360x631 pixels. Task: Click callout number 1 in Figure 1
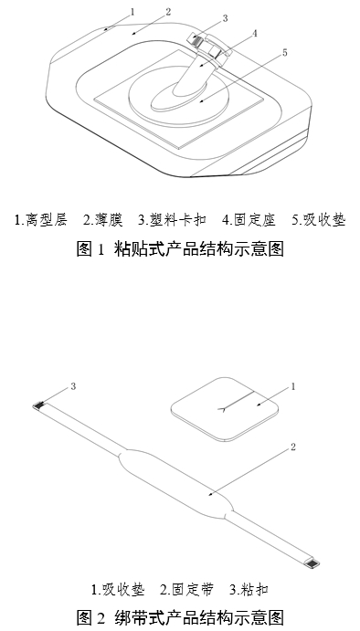tap(132, 12)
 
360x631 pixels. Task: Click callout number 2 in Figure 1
tap(168, 13)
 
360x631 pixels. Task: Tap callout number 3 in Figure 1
tap(225, 17)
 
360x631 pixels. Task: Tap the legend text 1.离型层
tap(42, 220)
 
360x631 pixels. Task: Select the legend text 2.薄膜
tap(103, 220)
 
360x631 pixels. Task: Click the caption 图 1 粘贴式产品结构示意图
tap(180, 249)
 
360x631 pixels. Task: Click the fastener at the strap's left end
tap(40, 405)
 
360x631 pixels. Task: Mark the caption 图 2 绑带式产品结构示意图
tap(180, 615)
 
